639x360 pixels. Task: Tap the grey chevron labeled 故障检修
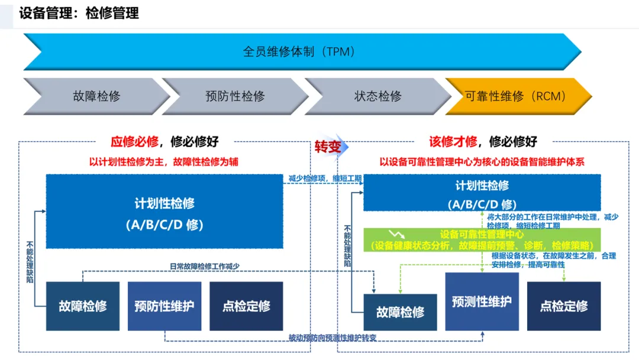coord(96,96)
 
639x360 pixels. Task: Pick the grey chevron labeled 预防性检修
coord(235,96)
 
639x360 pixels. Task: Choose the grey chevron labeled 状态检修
coord(377,96)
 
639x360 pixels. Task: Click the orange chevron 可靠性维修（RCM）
coord(516,96)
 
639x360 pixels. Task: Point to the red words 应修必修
coord(134,142)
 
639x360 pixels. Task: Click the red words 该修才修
coord(453,142)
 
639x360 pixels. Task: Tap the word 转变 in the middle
coord(327,147)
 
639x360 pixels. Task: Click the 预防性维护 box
coord(164,306)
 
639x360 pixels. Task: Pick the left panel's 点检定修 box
coord(246,306)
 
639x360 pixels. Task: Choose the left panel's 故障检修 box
coord(83,306)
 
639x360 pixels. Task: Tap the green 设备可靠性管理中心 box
coord(482,240)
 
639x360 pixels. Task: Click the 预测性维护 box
coord(482,301)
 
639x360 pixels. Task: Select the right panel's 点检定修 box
coord(564,306)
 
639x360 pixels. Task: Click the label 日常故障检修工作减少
coord(204,266)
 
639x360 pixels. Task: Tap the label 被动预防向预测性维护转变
coord(333,338)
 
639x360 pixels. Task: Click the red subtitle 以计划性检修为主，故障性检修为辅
coord(164,162)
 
